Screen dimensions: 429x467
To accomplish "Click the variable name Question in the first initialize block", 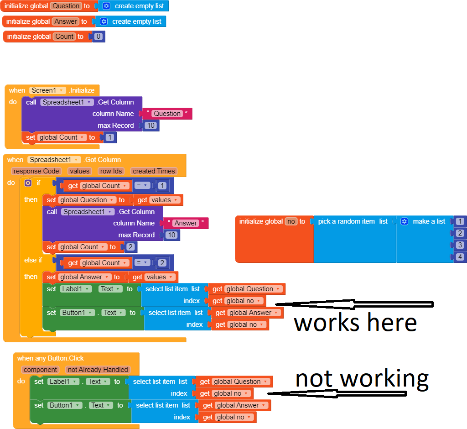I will pos(66,6).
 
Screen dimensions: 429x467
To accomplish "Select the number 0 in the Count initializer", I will pos(99,37).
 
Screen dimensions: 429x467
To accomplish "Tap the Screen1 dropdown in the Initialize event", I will pos(47,90).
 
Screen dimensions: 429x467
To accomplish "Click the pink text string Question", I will pos(167,114).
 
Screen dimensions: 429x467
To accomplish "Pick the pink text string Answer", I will pos(186,223).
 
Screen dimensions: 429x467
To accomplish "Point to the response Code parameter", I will pos(36,171).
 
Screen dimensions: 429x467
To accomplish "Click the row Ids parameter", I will pos(111,171).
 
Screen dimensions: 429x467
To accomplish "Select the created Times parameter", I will pos(153,171).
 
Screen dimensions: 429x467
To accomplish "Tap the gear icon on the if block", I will pos(28,183).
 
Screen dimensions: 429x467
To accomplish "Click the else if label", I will pos(33,260).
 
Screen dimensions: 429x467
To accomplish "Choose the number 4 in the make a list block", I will pos(461,257).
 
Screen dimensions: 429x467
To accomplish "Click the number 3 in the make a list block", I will pos(461,245).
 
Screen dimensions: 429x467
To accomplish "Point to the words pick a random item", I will pos(346,221).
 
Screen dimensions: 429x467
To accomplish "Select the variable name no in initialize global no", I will pos(291,221).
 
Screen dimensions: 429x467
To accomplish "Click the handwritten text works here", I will pos(355,322).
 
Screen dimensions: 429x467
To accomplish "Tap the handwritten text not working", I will pos(362,379).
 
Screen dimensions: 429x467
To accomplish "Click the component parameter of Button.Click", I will pos(41,370).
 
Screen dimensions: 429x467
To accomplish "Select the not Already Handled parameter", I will pos(98,370).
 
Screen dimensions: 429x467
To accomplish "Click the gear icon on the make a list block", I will pos(404,221).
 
